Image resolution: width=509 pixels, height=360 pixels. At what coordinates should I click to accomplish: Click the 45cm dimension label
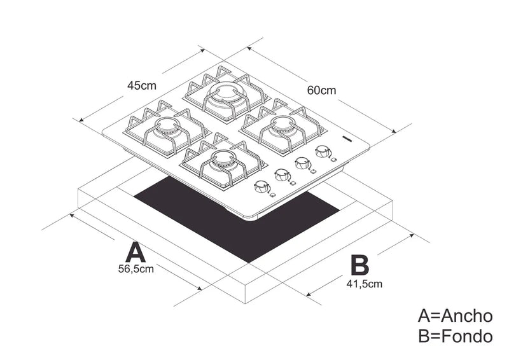click(141, 85)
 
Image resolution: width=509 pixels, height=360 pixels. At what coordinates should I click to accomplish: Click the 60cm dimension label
click(321, 90)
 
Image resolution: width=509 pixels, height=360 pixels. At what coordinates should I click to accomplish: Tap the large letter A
click(136, 252)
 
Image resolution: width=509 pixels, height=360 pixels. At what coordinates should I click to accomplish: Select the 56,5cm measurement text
click(136, 269)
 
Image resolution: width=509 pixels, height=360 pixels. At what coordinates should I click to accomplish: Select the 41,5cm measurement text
click(365, 284)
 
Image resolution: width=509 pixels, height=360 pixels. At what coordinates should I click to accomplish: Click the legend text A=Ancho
click(455, 315)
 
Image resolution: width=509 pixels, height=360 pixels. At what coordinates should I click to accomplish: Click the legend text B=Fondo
click(455, 336)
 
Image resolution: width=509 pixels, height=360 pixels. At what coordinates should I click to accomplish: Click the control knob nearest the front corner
click(261, 187)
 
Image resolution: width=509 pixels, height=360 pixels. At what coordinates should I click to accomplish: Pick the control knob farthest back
click(323, 151)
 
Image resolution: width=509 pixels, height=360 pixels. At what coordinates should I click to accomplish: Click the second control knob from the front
click(281, 174)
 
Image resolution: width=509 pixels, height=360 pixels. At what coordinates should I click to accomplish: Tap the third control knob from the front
click(303, 163)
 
